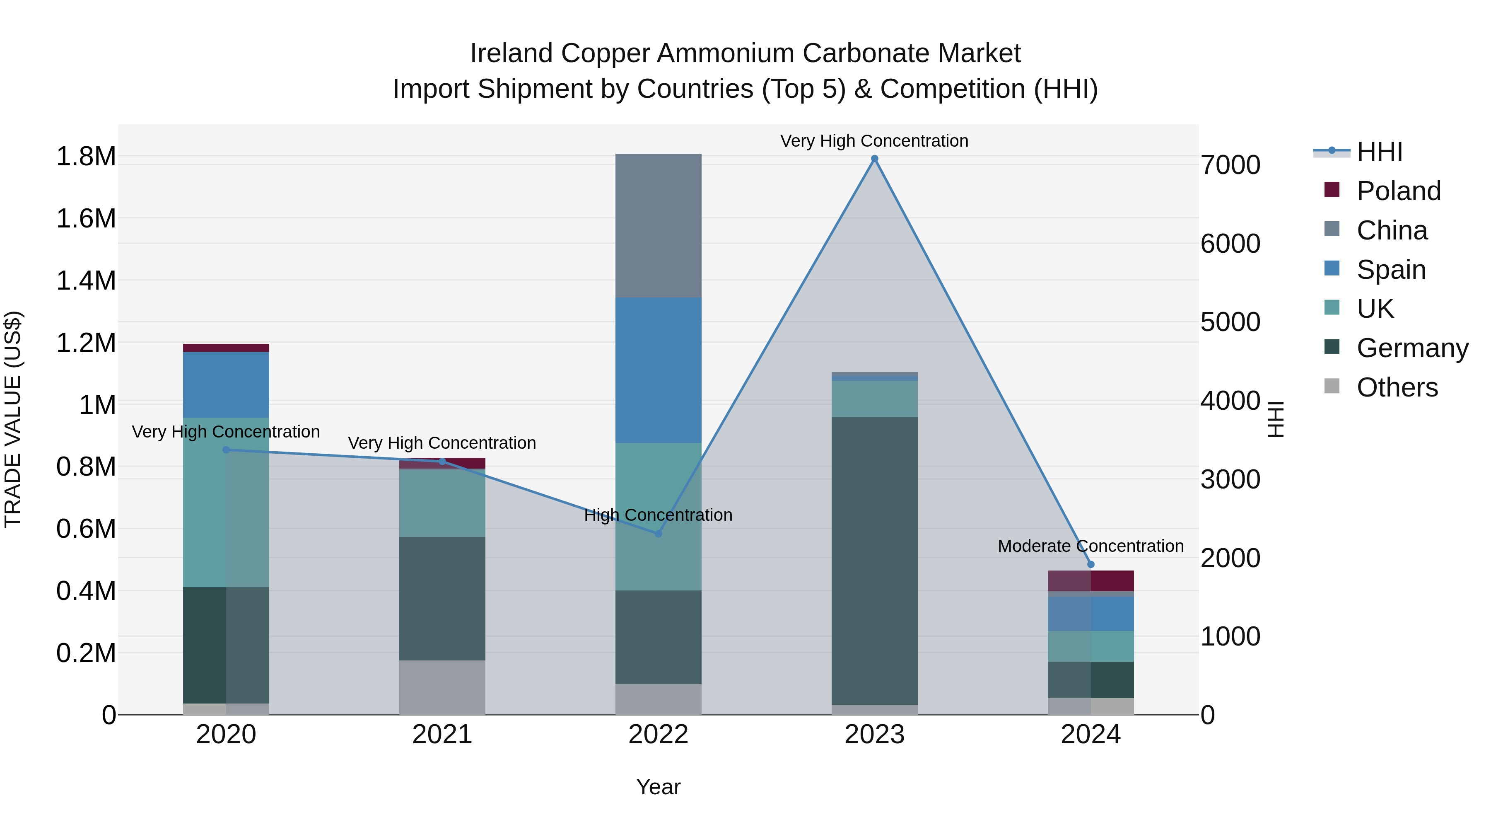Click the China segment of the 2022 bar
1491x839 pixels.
coord(658,226)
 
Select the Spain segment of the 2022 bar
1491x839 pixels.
coord(658,370)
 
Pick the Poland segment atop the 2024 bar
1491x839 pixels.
coord(1091,581)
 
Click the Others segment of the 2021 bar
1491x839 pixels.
coord(442,687)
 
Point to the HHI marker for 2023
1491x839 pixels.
coord(875,159)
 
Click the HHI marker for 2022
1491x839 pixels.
coord(658,533)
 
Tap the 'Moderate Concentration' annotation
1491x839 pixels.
coord(1091,546)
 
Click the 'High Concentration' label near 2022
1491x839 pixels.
coord(658,515)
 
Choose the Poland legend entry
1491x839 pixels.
coord(1398,191)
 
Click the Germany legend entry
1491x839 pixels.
coord(1412,348)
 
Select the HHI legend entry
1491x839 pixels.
coord(1379,152)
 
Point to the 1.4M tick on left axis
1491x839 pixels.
coord(86,281)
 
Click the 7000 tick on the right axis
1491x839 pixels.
coord(1230,165)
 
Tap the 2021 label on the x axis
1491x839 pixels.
coord(442,735)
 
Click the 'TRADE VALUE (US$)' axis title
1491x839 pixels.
coord(13,419)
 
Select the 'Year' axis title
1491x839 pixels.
coord(658,787)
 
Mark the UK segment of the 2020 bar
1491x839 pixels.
coord(226,502)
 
